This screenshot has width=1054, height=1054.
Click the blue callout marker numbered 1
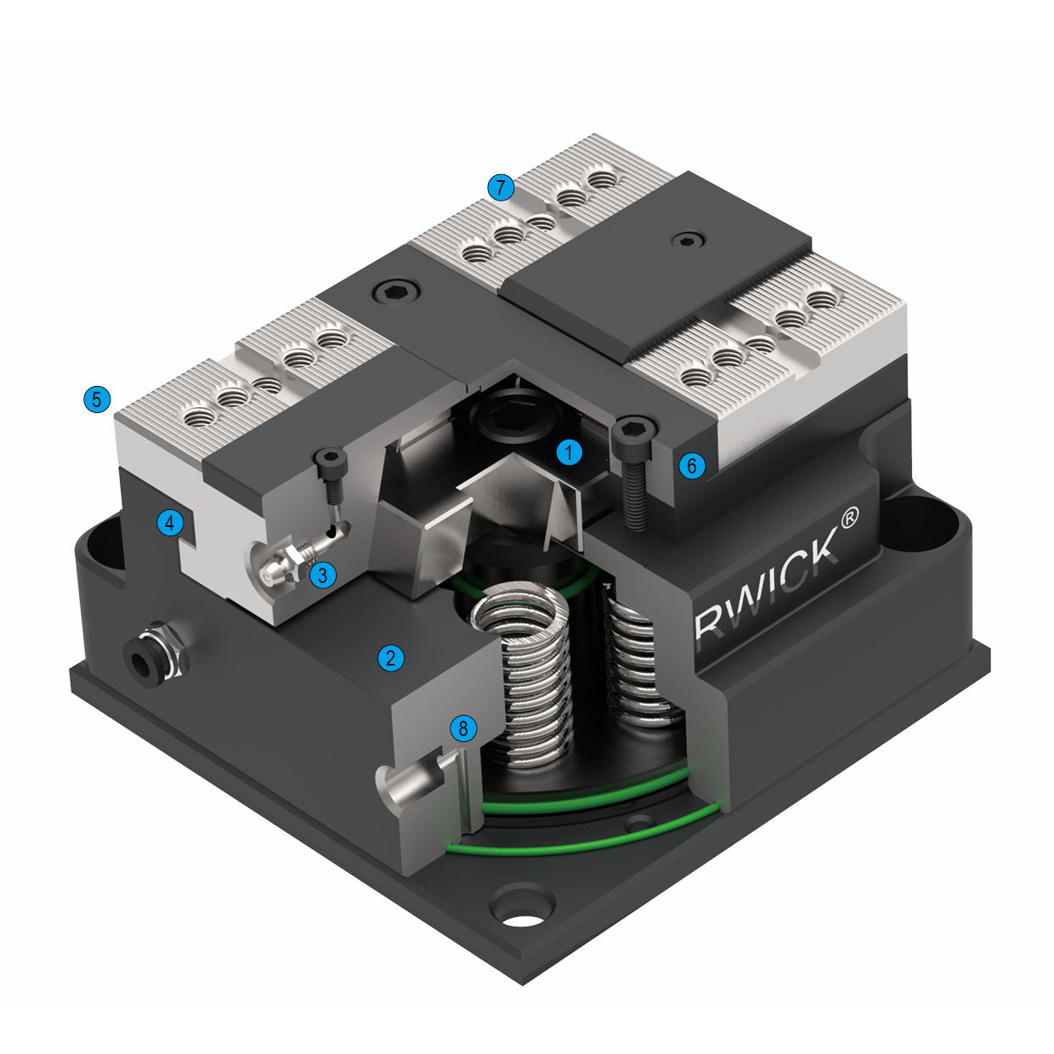[569, 452]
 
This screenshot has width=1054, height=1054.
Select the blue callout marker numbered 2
[391, 657]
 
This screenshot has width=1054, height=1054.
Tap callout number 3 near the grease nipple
[322, 575]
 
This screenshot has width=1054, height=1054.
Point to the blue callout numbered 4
[170, 523]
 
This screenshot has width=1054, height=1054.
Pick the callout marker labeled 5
[97, 399]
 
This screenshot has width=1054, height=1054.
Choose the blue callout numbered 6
[692, 465]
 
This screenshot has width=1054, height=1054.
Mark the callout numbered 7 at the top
[501, 187]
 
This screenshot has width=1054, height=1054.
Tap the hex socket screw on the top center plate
[397, 292]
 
